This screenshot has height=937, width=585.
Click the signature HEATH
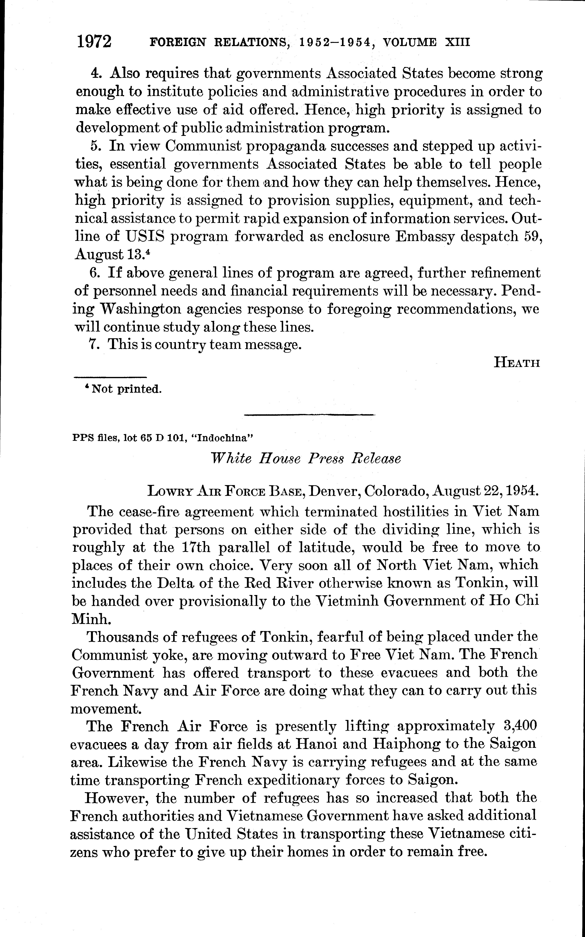coord(516,363)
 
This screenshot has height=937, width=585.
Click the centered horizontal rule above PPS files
coord(309,415)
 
